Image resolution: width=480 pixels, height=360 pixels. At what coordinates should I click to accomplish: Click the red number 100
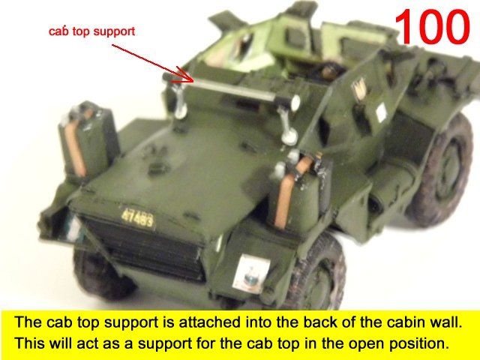(432, 26)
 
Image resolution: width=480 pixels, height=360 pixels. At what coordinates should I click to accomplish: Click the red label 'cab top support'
(91, 31)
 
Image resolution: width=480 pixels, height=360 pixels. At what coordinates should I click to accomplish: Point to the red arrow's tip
(193, 82)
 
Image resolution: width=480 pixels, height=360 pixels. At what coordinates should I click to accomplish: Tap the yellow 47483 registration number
(137, 217)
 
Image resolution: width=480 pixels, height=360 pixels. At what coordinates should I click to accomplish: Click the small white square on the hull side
(382, 112)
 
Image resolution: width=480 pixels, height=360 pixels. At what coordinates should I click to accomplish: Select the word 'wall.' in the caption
(445, 322)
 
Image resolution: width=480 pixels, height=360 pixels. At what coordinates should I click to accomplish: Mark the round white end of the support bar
(295, 103)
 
